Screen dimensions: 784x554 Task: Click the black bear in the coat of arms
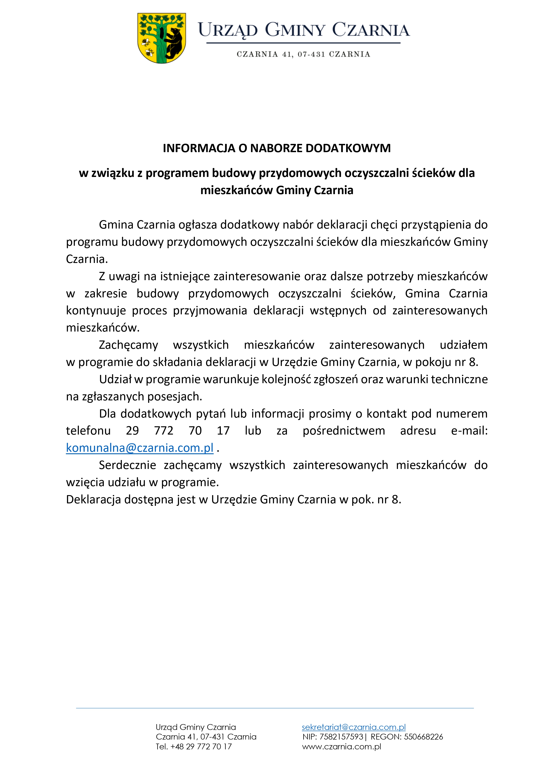point(173,43)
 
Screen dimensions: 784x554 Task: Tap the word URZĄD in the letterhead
point(228,30)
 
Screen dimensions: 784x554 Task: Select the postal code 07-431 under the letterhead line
point(311,54)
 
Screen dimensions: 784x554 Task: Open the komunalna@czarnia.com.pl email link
point(140,448)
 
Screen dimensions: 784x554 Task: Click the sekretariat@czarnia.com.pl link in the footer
point(354,727)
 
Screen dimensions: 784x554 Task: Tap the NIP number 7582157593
point(341,737)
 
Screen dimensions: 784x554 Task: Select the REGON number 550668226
point(423,737)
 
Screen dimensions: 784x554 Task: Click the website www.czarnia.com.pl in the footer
point(341,746)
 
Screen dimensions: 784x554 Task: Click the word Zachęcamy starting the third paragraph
point(128,345)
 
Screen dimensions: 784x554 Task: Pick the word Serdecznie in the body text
point(127,465)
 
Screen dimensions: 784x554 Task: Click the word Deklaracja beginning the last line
point(93,500)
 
